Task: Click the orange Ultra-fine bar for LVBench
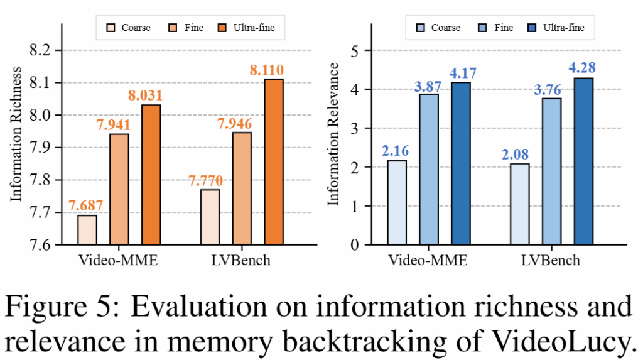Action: point(274,161)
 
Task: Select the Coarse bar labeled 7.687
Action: point(87,229)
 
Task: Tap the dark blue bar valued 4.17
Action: point(460,163)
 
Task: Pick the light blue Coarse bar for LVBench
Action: point(520,204)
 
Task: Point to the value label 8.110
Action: point(274,70)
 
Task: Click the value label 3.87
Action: point(429,85)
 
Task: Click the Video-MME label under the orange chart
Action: point(118,260)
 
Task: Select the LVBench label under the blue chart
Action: point(551,260)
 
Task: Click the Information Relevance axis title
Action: point(334,134)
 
